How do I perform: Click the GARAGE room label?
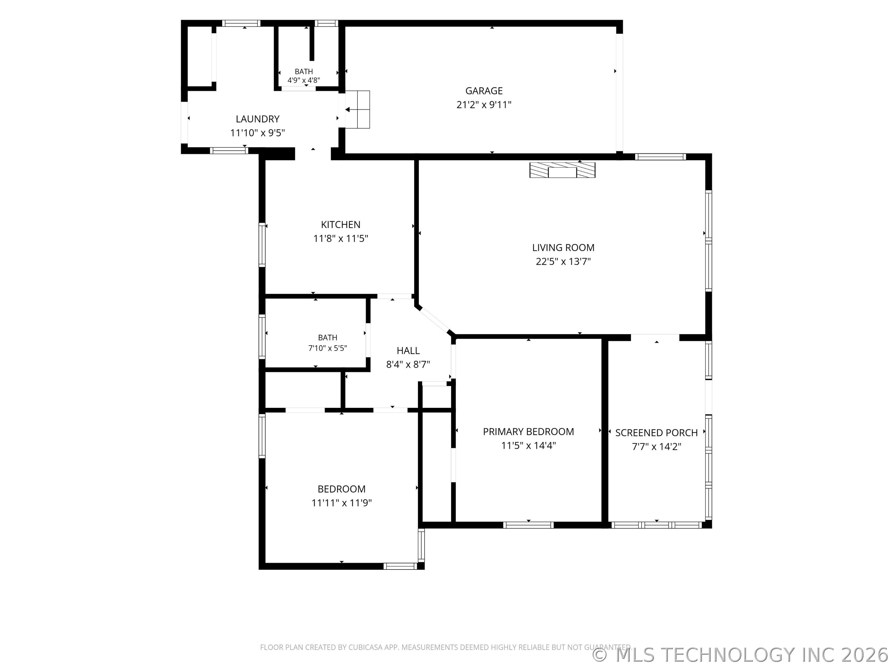pos(484,91)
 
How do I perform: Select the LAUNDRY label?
pos(258,119)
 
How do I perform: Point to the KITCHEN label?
pos(341,225)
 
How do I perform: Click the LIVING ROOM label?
pos(563,248)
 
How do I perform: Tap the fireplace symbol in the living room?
pos(562,170)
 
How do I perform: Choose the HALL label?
pos(408,351)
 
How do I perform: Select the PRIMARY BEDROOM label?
pos(528,432)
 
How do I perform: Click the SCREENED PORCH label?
pos(656,433)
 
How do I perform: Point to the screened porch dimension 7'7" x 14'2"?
pos(656,447)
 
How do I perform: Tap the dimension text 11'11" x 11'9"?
pos(341,503)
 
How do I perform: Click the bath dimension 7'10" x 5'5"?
pos(327,348)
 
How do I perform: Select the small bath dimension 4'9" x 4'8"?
pos(304,80)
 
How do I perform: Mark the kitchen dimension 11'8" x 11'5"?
pos(341,239)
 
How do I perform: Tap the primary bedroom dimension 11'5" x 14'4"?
pos(528,446)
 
